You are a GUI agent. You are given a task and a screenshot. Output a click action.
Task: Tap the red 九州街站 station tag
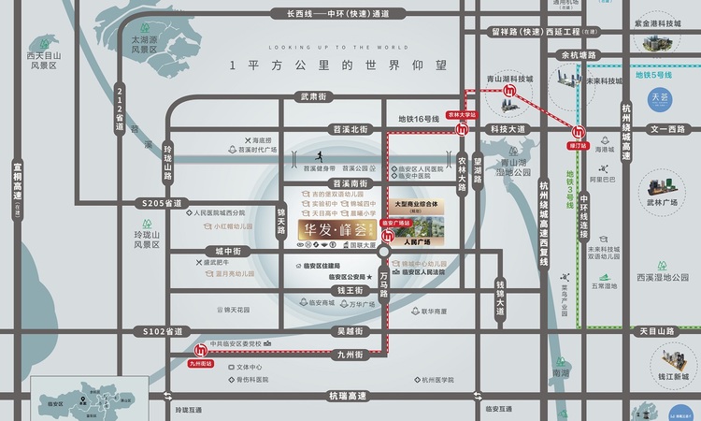pyautogui.click(x=201, y=363)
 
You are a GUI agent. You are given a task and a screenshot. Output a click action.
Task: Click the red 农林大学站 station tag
pyautogui.click(x=462, y=112)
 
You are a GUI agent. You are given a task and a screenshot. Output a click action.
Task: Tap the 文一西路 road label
pyautogui.click(x=668, y=129)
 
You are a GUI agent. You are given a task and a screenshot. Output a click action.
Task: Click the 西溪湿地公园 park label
pyautogui.click(x=663, y=277)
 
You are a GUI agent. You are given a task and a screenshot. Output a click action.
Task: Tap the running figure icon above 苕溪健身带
pyautogui.click(x=321, y=155)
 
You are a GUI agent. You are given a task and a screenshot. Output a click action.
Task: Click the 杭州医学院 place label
pyautogui.click(x=437, y=380)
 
